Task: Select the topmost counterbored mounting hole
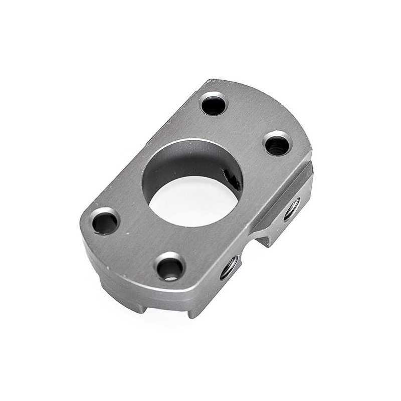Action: pyautogui.click(x=214, y=104)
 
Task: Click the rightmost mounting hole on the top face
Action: pyautogui.click(x=277, y=144)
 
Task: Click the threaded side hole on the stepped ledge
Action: pyautogui.click(x=292, y=208)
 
